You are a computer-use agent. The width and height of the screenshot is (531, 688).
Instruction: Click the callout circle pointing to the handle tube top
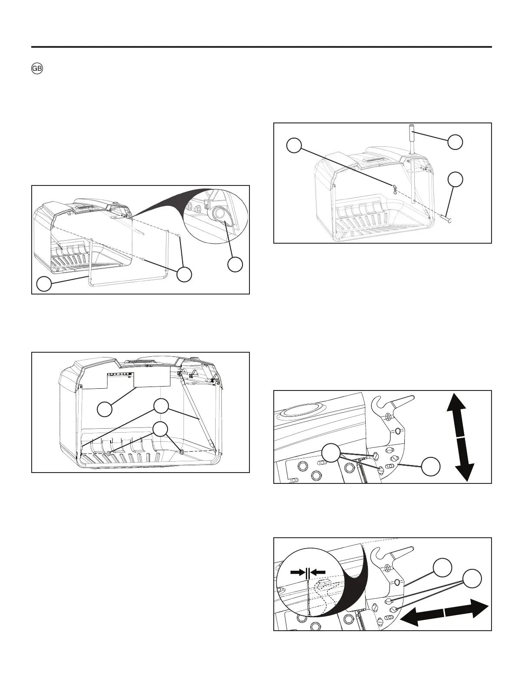(x=455, y=142)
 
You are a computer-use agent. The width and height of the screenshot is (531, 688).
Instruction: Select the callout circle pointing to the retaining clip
(x=294, y=146)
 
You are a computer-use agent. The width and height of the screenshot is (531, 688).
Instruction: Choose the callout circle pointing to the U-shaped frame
(x=43, y=284)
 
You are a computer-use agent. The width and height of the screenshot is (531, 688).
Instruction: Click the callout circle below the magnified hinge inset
(x=235, y=265)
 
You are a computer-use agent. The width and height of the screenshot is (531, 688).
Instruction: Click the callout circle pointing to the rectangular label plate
(x=105, y=409)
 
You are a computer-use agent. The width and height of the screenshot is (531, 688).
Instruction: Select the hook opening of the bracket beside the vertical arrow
(x=380, y=405)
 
